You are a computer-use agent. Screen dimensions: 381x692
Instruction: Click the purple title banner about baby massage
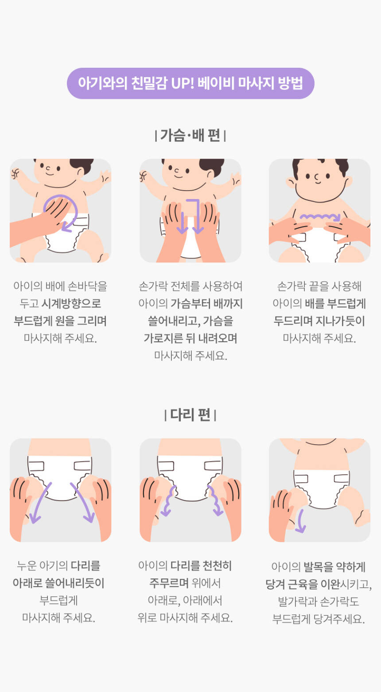[190, 83]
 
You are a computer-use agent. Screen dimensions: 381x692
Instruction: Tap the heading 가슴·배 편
[190, 135]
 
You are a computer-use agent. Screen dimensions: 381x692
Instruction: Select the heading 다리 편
[190, 414]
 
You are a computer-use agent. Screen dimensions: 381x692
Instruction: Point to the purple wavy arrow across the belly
[320, 217]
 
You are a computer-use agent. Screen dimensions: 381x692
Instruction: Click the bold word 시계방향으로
[71, 303]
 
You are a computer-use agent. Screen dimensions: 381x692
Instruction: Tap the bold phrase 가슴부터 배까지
[206, 303]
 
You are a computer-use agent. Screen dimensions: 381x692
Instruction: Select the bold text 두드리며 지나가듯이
[319, 321]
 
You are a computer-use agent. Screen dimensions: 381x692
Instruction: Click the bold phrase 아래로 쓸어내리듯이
[58, 583]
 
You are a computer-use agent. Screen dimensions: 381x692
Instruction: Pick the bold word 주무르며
[169, 583]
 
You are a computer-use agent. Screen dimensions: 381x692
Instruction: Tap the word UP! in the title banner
[183, 83]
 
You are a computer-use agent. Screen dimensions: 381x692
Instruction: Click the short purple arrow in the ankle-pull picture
[300, 521]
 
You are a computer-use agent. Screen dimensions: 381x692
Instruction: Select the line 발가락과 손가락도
[319, 601]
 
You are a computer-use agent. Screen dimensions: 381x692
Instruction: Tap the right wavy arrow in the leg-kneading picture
[215, 500]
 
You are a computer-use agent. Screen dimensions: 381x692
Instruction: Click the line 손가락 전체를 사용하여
[190, 286]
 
